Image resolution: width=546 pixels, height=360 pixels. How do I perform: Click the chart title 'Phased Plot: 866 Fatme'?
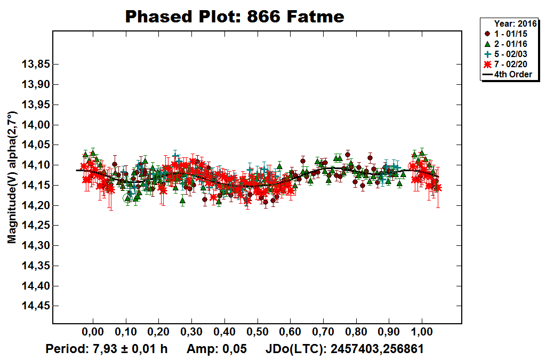pos(235,17)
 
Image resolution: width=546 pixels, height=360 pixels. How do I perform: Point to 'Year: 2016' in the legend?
pos(515,23)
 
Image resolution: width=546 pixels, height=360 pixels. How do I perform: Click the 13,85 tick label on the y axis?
pos(35,65)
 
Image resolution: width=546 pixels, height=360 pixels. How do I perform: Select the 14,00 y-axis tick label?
pos(35,125)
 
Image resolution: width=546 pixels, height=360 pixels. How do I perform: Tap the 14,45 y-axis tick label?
pos(35,306)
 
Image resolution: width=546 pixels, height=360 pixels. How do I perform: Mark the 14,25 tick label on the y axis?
pos(35,226)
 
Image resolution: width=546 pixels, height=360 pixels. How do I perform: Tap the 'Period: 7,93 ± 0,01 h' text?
pos(107,349)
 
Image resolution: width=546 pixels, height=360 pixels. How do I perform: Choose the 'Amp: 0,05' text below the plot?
pos(216,349)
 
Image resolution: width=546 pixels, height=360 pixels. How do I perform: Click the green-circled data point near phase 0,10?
pos(127,198)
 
